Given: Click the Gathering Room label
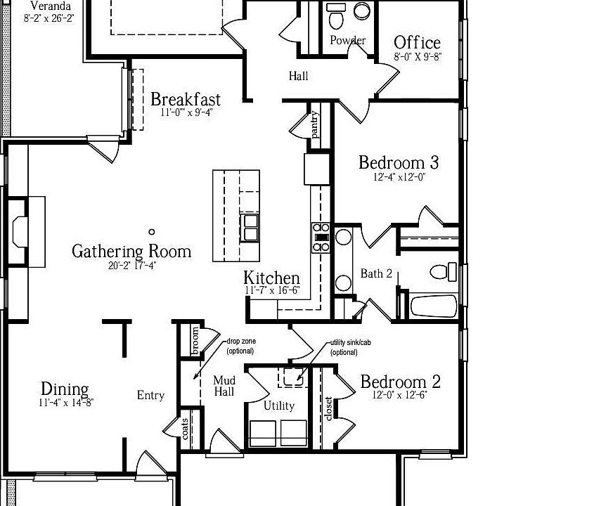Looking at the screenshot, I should pos(131,251).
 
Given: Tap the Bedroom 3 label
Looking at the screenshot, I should pos(399,163).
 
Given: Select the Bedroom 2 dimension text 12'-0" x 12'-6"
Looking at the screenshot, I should pos(399,394).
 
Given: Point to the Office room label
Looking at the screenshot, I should pos(417,43).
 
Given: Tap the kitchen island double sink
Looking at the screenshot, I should pos(250,227).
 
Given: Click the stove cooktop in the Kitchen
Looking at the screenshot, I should pos(321,237).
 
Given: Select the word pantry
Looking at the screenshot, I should pos(315,125).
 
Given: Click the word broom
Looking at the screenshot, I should pos(195,340).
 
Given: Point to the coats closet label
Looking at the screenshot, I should pos(184,428).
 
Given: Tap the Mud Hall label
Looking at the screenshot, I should pos(224,386).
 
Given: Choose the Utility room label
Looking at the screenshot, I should pos(279,406).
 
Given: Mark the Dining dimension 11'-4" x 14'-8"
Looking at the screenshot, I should pos(66,403).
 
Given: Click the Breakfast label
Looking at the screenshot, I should pos(186,100).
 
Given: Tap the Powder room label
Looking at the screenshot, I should pos(347,41).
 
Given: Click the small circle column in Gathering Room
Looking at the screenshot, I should pos(152,231).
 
